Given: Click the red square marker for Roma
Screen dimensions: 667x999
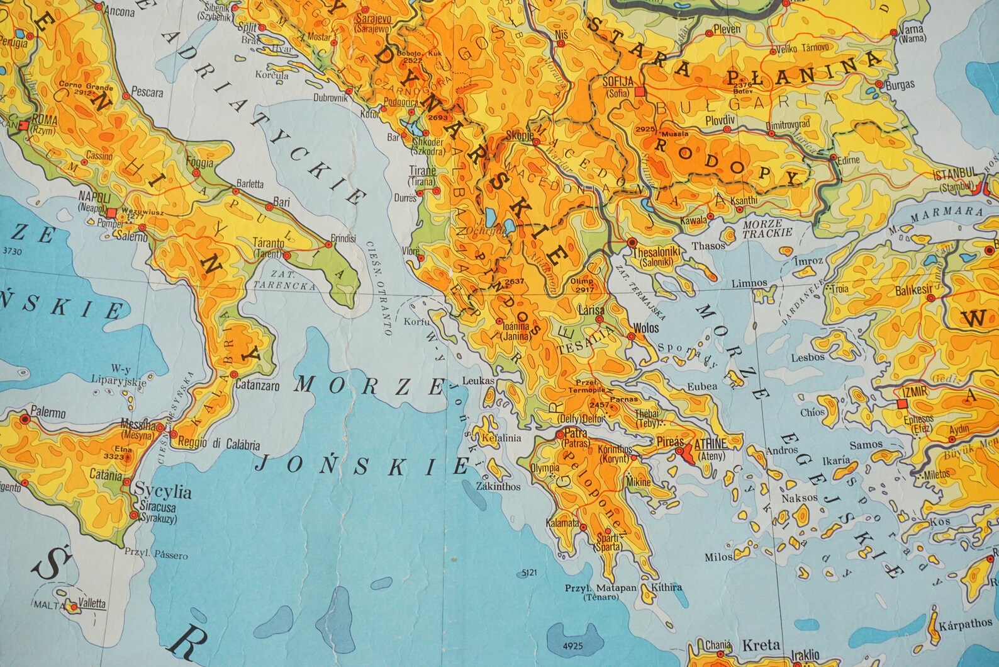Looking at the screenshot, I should (x=24, y=125).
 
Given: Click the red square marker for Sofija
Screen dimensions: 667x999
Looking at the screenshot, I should (x=640, y=92).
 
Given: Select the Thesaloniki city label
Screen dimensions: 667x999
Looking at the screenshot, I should (x=657, y=252).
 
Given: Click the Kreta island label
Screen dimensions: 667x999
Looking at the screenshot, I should (x=762, y=645).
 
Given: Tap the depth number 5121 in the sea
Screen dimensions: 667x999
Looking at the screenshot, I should (x=531, y=573).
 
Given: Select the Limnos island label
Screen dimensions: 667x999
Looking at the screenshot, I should (x=749, y=283).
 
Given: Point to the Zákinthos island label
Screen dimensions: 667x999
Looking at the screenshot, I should (x=498, y=486).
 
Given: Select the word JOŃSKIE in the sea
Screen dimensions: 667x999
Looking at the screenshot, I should (x=363, y=465).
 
